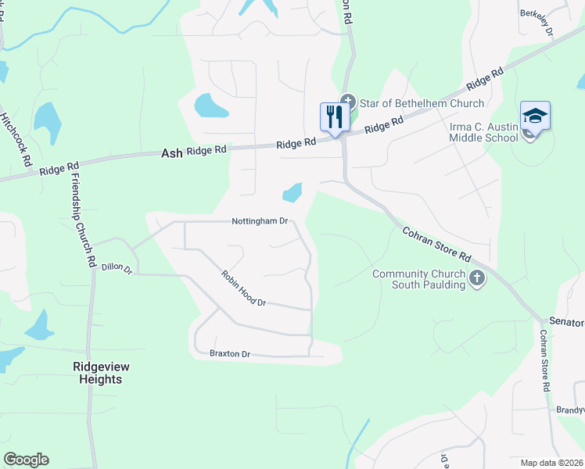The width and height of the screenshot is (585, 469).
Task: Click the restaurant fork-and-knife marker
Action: [x=336, y=117]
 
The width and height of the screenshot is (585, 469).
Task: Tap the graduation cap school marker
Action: [x=535, y=116]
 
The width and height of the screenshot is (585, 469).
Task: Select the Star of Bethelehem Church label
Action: [x=422, y=103]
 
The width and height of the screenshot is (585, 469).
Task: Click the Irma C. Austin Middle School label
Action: [x=483, y=131]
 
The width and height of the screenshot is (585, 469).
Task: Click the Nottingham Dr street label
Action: [x=260, y=221]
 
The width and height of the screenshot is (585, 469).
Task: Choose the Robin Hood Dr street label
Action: [x=244, y=288]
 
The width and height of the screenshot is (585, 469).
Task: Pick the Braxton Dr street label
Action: [x=229, y=354]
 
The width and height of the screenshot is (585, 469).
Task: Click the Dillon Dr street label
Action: [x=117, y=268]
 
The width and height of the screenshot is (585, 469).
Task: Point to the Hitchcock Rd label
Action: [x=16, y=138]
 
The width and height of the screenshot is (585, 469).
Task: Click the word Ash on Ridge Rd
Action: [x=171, y=154]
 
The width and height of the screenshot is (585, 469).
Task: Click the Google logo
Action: [x=26, y=460]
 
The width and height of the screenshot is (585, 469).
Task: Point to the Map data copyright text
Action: [x=552, y=463]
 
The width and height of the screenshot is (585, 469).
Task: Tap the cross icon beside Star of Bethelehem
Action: [x=349, y=102]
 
